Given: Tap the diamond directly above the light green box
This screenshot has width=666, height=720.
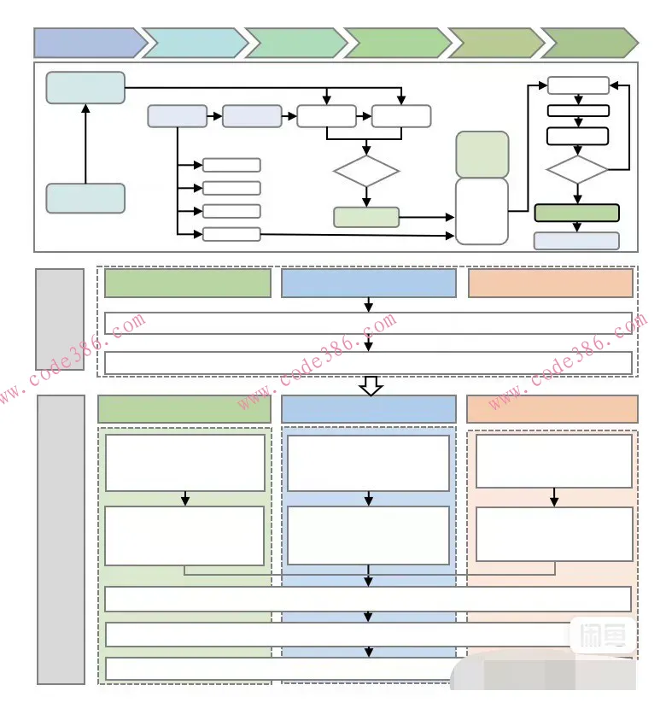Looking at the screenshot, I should [x=366, y=172].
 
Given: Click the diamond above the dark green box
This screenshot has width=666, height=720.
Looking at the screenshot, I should [x=577, y=169].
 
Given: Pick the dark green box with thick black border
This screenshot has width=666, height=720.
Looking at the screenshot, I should [x=576, y=213].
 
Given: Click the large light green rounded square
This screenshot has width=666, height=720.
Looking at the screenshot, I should [x=482, y=155].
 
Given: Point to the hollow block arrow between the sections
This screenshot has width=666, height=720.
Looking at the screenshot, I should [x=370, y=386].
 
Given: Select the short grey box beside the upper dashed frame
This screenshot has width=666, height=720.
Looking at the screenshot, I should [x=60, y=319].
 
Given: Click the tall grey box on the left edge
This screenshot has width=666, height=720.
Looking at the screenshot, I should [x=61, y=539].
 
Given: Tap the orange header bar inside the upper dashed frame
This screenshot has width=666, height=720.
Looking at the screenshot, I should [x=551, y=284].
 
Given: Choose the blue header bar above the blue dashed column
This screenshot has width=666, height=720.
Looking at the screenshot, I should [x=369, y=409].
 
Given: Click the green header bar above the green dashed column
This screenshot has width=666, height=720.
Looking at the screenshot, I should [x=184, y=409].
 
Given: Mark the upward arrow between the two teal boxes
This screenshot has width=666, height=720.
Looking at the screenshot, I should [x=85, y=143].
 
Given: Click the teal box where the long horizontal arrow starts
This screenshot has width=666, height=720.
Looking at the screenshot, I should [x=85, y=88].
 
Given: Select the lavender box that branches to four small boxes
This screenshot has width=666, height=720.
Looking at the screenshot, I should [x=178, y=116].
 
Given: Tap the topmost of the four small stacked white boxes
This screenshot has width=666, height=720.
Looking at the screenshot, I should [x=231, y=165].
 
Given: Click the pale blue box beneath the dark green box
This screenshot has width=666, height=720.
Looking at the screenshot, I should [x=576, y=241].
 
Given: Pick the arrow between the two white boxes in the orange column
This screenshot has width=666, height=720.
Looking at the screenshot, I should [x=554, y=497].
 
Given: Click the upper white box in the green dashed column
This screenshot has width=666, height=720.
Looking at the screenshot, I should [x=185, y=463].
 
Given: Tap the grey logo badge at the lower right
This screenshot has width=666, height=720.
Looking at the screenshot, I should [x=602, y=636].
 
